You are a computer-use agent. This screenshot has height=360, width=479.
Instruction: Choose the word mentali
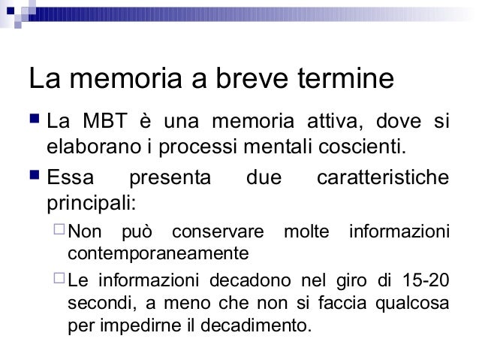point(274,144)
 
